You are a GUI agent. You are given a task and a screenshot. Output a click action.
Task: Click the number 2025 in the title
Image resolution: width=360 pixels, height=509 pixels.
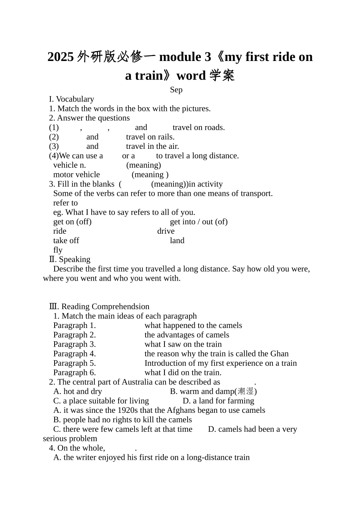click(x=61, y=57)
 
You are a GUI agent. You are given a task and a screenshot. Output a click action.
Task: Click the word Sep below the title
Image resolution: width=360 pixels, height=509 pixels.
click(x=176, y=90)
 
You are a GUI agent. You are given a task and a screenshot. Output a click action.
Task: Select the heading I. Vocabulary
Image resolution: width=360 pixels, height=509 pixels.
click(x=71, y=99)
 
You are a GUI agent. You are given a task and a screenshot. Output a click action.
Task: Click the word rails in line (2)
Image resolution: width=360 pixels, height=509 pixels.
click(x=164, y=137)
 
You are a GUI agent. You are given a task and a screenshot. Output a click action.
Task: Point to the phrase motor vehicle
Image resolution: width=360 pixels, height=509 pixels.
click(x=77, y=175)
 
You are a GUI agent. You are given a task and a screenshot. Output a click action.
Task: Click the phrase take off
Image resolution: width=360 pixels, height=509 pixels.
click(x=66, y=240)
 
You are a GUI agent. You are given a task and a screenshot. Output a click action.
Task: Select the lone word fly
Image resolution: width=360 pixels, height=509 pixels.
click(x=58, y=250)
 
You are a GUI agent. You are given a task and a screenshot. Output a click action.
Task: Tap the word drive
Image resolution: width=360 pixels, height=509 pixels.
click(x=166, y=231)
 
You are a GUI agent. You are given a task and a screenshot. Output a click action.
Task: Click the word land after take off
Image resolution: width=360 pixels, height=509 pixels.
click(x=177, y=240)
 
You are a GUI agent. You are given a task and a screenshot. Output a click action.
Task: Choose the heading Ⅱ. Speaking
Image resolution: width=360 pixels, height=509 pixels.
click(x=70, y=259)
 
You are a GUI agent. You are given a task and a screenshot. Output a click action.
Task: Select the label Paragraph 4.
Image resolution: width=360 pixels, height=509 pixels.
click(x=75, y=354)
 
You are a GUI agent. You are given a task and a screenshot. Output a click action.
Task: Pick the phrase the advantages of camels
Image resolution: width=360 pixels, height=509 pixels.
click(x=187, y=335)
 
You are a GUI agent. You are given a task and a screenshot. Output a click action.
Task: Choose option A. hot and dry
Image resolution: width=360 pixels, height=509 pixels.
click(x=78, y=391)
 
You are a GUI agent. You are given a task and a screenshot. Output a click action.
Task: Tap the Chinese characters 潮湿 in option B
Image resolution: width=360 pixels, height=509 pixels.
click(x=246, y=391)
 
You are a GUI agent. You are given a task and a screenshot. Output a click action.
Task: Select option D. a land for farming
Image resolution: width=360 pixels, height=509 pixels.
click(x=218, y=401)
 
